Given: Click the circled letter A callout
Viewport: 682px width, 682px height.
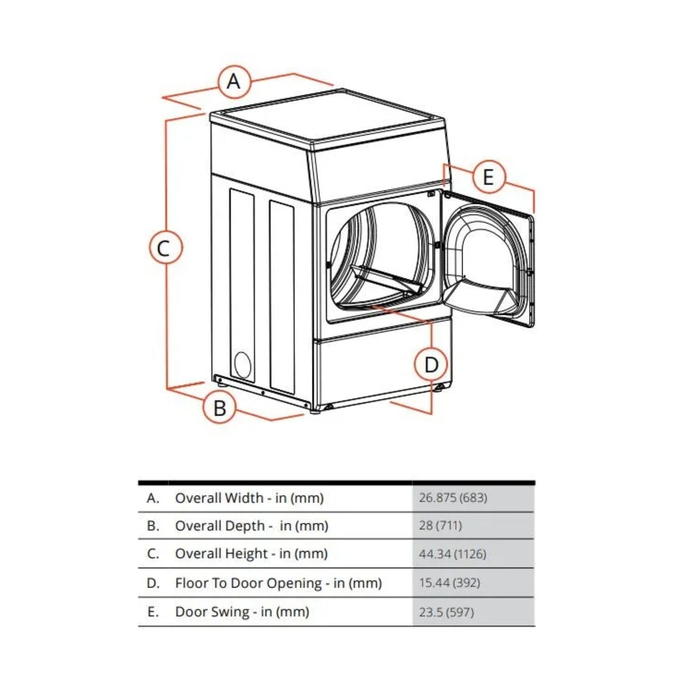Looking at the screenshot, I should click(x=234, y=81).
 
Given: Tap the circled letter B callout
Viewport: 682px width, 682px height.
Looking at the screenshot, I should click(x=219, y=407).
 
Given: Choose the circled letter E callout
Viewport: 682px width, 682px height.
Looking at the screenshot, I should click(x=488, y=177).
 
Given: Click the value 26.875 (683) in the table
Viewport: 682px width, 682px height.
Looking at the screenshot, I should click(x=453, y=497).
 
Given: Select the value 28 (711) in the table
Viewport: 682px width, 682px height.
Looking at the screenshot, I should click(x=440, y=525).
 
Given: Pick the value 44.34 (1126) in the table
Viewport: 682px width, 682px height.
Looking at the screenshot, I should click(x=452, y=554).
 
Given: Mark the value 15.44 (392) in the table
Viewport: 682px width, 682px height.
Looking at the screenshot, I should click(x=449, y=583).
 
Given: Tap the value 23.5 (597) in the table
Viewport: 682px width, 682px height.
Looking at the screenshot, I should click(x=446, y=612).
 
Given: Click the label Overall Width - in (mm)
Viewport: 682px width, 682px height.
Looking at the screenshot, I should click(x=249, y=498).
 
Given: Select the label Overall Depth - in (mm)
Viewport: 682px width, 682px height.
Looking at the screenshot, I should click(x=252, y=526).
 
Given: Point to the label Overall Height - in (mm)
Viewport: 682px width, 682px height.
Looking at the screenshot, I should click(x=251, y=554).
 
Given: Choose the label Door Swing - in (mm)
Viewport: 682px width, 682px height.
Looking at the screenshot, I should click(x=242, y=612).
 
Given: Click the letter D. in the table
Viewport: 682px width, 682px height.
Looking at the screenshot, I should click(x=153, y=583).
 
